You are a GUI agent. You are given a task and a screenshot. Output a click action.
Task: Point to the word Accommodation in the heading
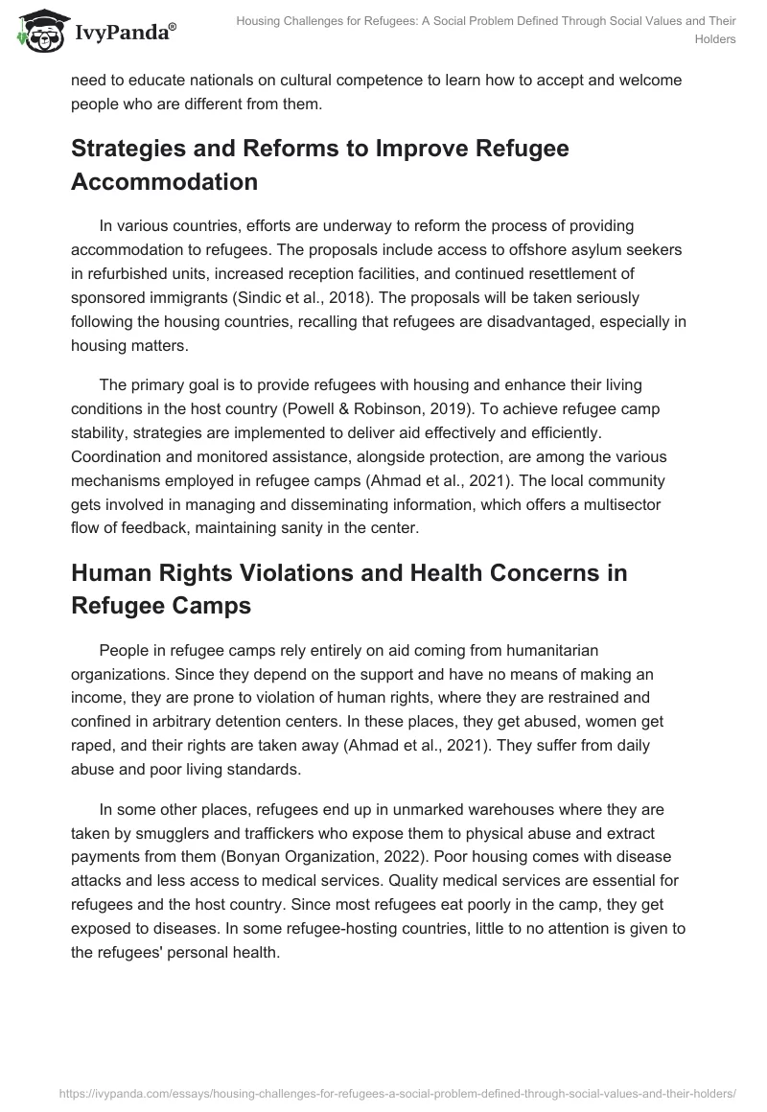(164, 181)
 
